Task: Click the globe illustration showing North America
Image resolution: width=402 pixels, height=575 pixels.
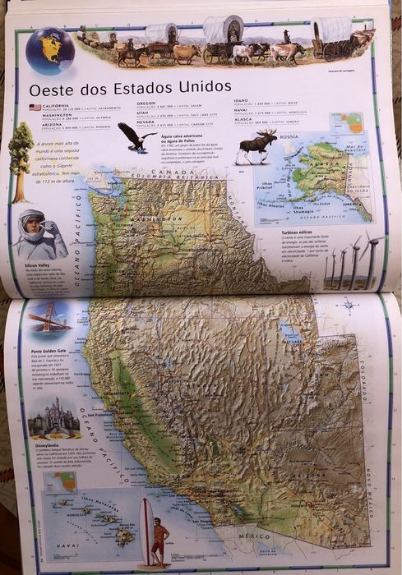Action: [49, 48]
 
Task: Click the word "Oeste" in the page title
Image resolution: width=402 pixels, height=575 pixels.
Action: [52, 88]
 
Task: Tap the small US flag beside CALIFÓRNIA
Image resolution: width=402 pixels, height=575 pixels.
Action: [35, 107]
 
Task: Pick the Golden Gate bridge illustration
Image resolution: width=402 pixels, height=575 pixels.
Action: [47, 315]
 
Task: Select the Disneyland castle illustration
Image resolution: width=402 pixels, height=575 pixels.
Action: [53, 419]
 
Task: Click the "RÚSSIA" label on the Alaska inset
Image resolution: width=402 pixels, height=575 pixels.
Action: [289, 137]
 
